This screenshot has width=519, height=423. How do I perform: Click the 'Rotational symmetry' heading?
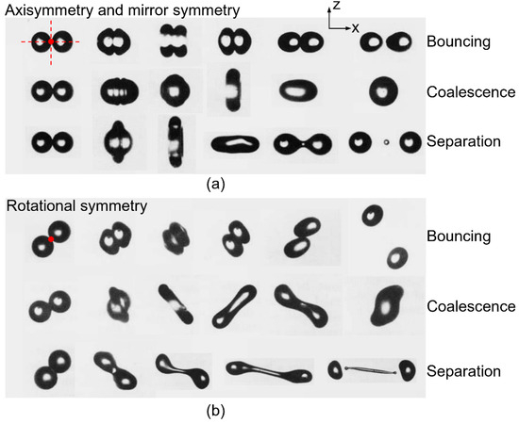75,204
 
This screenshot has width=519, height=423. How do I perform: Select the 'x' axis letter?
356,27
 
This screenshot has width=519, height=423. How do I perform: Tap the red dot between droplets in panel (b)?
53,240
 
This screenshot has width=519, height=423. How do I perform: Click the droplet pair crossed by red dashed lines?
49,41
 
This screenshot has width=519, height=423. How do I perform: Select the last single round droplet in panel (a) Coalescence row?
382,92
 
